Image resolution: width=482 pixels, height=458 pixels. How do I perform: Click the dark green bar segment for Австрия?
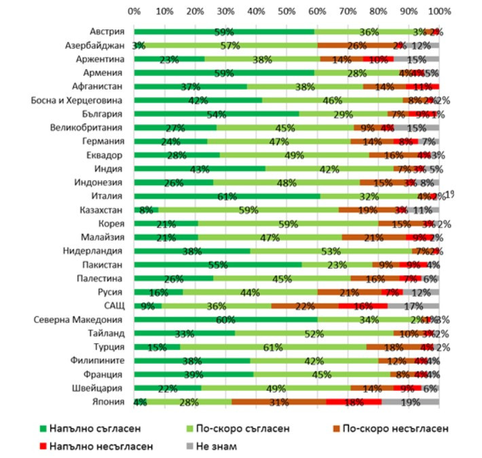click(224, 32)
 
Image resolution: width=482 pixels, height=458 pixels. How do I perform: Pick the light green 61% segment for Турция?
click(273, 347)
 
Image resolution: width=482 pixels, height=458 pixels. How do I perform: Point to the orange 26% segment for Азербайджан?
click(357, 45)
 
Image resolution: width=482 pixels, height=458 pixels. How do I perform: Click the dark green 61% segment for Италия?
click(227, 196)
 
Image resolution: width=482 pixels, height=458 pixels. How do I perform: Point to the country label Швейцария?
click(105, 387)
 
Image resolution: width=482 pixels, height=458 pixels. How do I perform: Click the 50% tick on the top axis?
click(286, 12)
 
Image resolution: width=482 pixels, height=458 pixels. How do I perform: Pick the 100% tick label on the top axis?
click(439, 12)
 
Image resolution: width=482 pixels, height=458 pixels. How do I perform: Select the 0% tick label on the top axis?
click(134, 12)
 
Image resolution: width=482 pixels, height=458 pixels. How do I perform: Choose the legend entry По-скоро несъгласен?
click(386, 429)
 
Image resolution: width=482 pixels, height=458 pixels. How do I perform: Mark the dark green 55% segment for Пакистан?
click(218, 265)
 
